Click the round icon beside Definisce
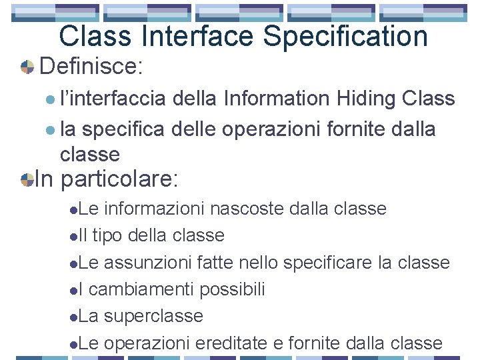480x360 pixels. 27,67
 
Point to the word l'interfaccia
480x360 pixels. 113,99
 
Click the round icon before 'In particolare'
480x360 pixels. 27,180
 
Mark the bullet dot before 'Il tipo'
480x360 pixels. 73,236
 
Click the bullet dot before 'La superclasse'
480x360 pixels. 73,317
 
